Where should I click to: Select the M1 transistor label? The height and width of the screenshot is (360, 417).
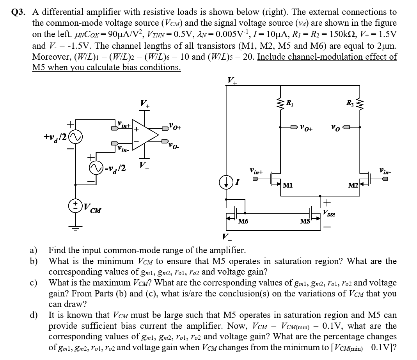tap(288, 186)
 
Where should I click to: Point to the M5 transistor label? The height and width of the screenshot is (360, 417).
tap(305, 222)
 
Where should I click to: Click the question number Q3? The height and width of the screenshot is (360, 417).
tap(19, 12)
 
